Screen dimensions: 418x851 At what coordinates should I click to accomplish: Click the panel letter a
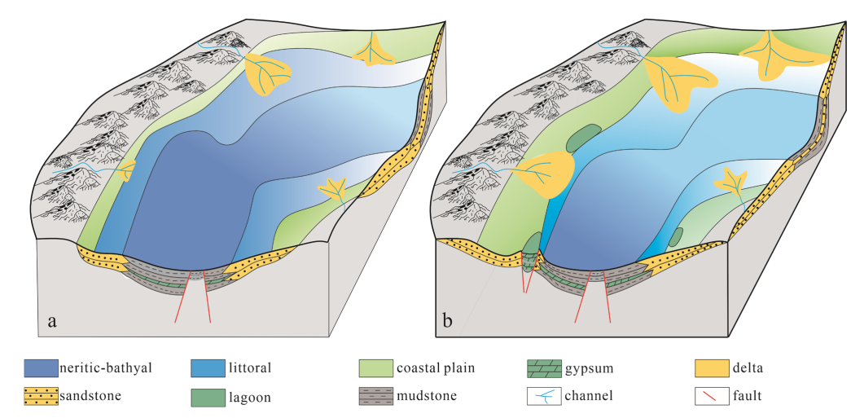click(x=53, y=320)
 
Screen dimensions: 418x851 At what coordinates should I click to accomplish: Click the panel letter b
click(x=447, y=320)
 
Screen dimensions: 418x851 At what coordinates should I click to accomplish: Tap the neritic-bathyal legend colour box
click(x=41, y=368)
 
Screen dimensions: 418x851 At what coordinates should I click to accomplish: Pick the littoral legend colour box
click(x=207, y=368)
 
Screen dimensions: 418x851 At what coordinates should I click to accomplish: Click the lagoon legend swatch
click(x=207, y=398)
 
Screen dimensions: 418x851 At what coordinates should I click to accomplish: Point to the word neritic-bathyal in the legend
click(x=105, y=368)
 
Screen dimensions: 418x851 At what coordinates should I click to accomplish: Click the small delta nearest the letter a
click(x=125, y=171)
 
